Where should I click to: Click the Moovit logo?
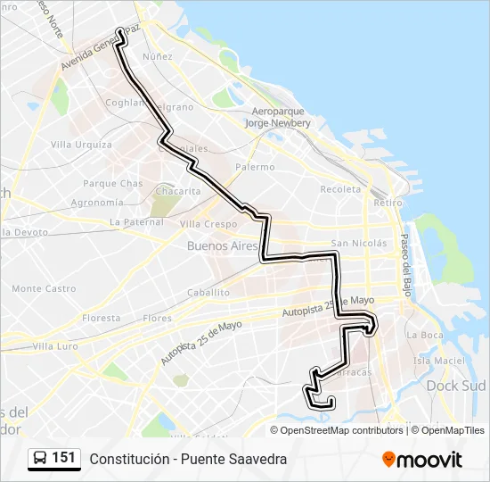coord(422,460)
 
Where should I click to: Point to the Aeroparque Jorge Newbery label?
coord(276,118)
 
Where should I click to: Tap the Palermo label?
coord(255,167)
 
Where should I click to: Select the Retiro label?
coord(388,203)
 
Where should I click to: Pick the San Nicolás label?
coord(358,243)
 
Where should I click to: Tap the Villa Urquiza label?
coord(81,145)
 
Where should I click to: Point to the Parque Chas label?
coord(112,183)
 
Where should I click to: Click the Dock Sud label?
coord(455,386)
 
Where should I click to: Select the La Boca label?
coord(424,335)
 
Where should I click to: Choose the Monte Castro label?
coord(44,288)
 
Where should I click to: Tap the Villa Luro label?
coord(55,345)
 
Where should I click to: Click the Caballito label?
coord(208,292)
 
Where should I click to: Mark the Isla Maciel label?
coord(439,361)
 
